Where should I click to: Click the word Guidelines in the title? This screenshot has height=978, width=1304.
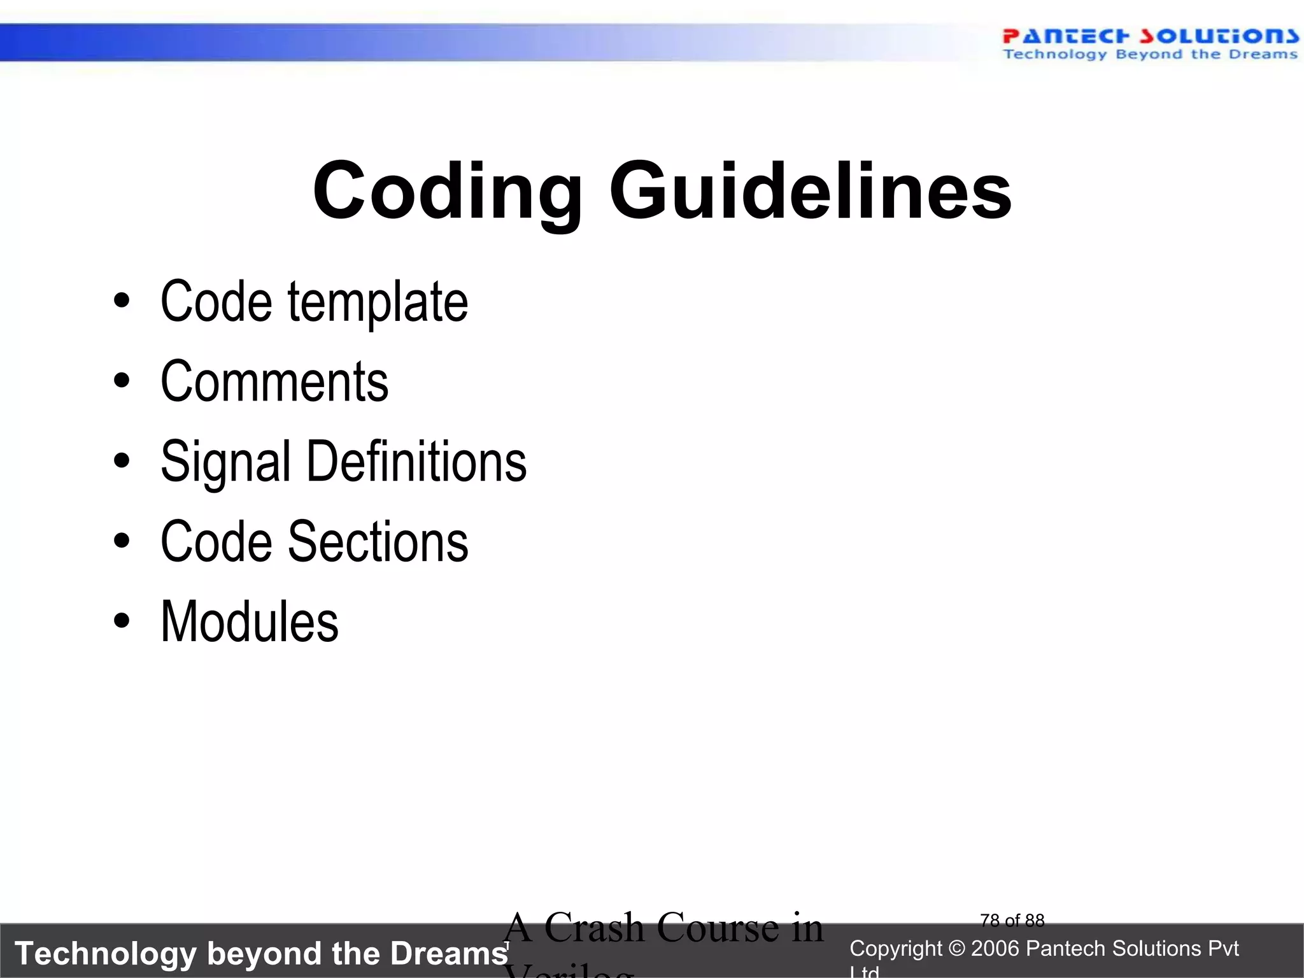[x=810, y=191]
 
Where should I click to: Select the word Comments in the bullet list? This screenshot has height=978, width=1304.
[x=274, y=381]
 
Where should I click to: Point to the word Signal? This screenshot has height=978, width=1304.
[x=225, y=462]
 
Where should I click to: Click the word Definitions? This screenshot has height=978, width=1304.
[x=416, y=461]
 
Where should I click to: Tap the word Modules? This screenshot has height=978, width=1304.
[x=250, y=621]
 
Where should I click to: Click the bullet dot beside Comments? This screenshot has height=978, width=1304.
[x=122, y=381]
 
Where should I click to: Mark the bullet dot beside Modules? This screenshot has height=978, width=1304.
[x=122, y=621]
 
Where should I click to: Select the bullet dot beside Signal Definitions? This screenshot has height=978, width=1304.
[x=122, y=460]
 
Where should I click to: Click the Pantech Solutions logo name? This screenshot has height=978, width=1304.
[x=1150, y=36]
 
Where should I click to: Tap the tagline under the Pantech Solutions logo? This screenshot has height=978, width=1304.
[x=1150, y=55]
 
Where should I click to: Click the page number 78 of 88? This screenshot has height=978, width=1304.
[x=1012, y=920]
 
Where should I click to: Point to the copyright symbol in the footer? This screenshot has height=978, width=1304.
[x=956, y=949]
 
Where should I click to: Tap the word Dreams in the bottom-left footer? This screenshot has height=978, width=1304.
[x=449, y=954]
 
